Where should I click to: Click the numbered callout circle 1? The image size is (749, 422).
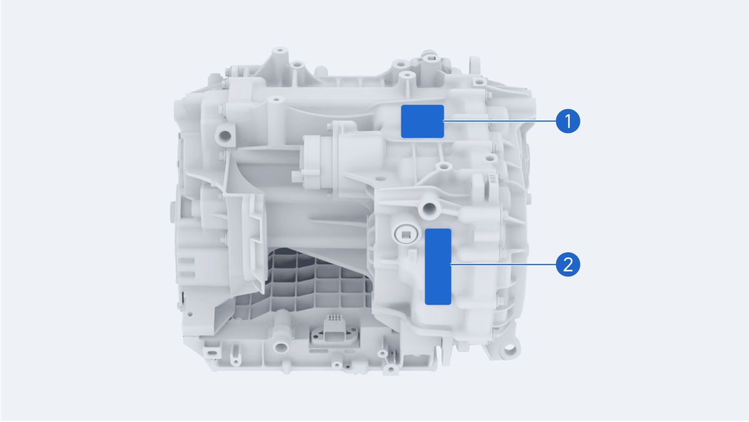click(568, 121)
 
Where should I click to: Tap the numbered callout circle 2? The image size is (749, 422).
click(568, 265)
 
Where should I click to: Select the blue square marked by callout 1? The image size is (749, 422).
click(423, 121)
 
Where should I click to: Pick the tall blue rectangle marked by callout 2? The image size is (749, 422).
click(438, 267)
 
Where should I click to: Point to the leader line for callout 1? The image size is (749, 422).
click(500, 121)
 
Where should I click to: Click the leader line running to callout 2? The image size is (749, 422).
click(504, 265)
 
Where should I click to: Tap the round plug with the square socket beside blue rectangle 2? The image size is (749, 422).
click(406, 235)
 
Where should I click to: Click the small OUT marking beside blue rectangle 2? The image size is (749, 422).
click(411, 256)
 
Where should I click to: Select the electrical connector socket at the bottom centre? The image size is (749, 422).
click(335, 334)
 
